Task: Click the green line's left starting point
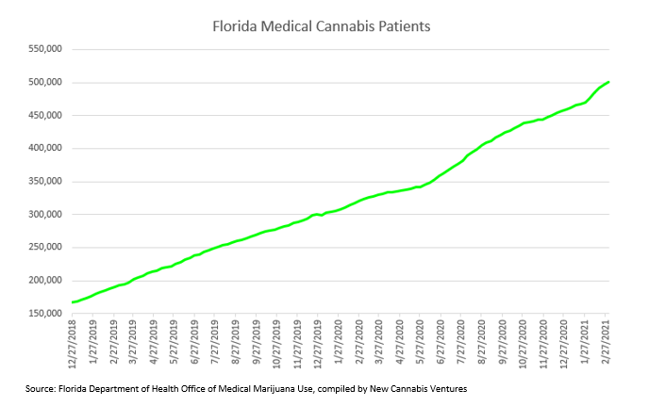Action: [x=73, y=302]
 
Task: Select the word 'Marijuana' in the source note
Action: [x=266, y=388]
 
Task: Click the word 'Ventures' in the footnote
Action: [x=441, y=388]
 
